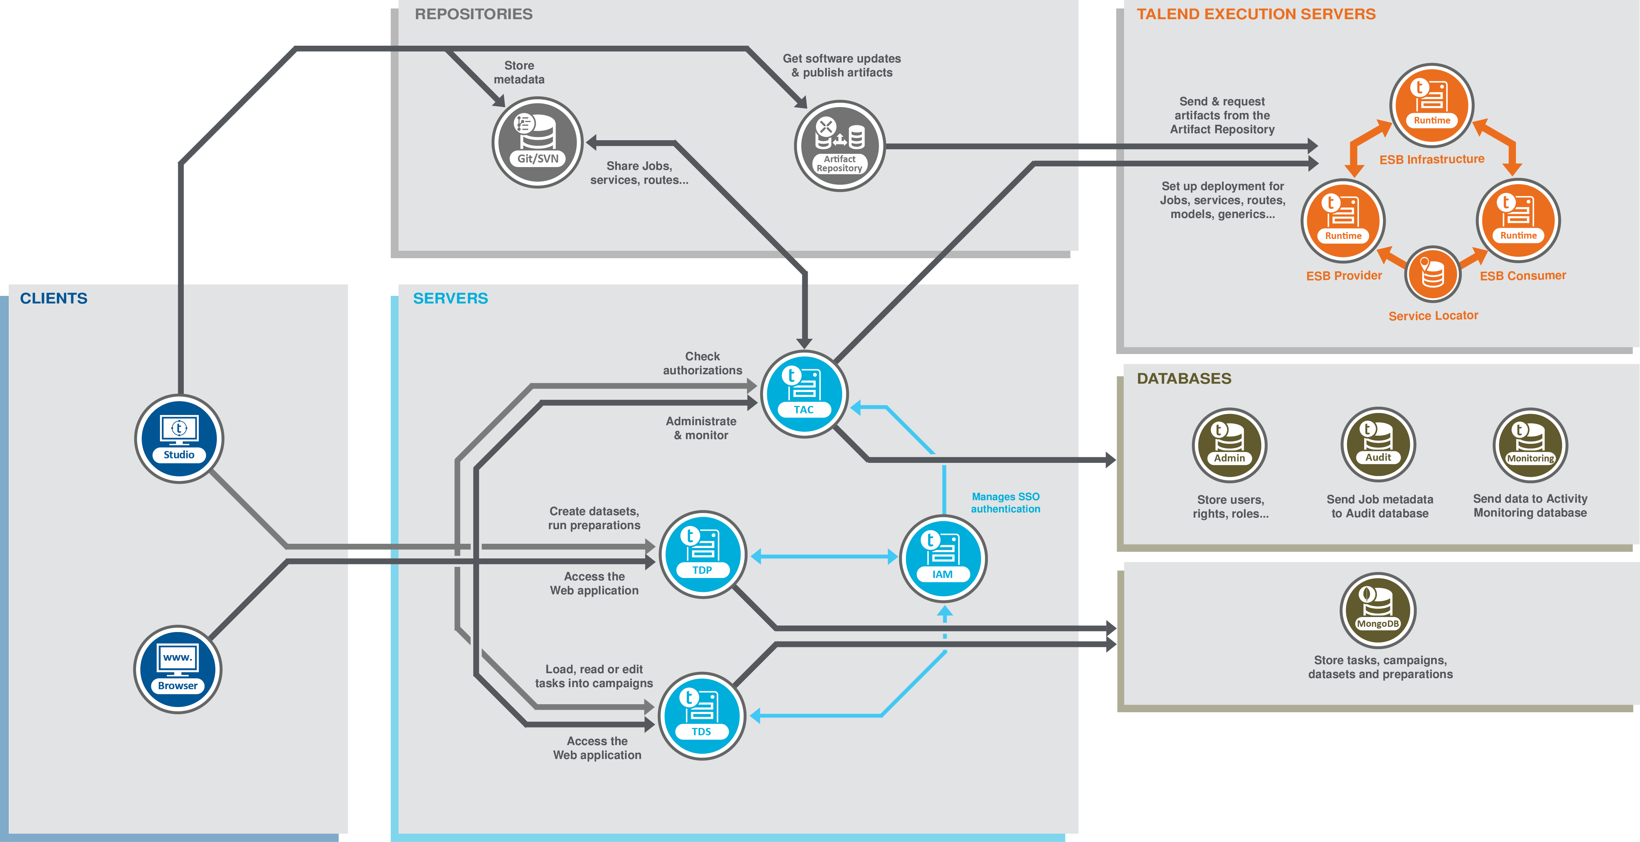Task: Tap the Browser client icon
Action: click(x=177, y=669)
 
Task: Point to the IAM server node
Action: click(x=943, y=558)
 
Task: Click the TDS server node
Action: click(x=702, y=716)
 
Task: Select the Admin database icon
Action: click(x=1229, y=445)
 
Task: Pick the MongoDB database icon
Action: click(x=1378, y=610)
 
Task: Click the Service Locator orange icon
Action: click(x=1433, y=274)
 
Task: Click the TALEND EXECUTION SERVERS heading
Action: click(x=1256, y=14)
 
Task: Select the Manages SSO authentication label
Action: click(x=1005, y=503)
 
